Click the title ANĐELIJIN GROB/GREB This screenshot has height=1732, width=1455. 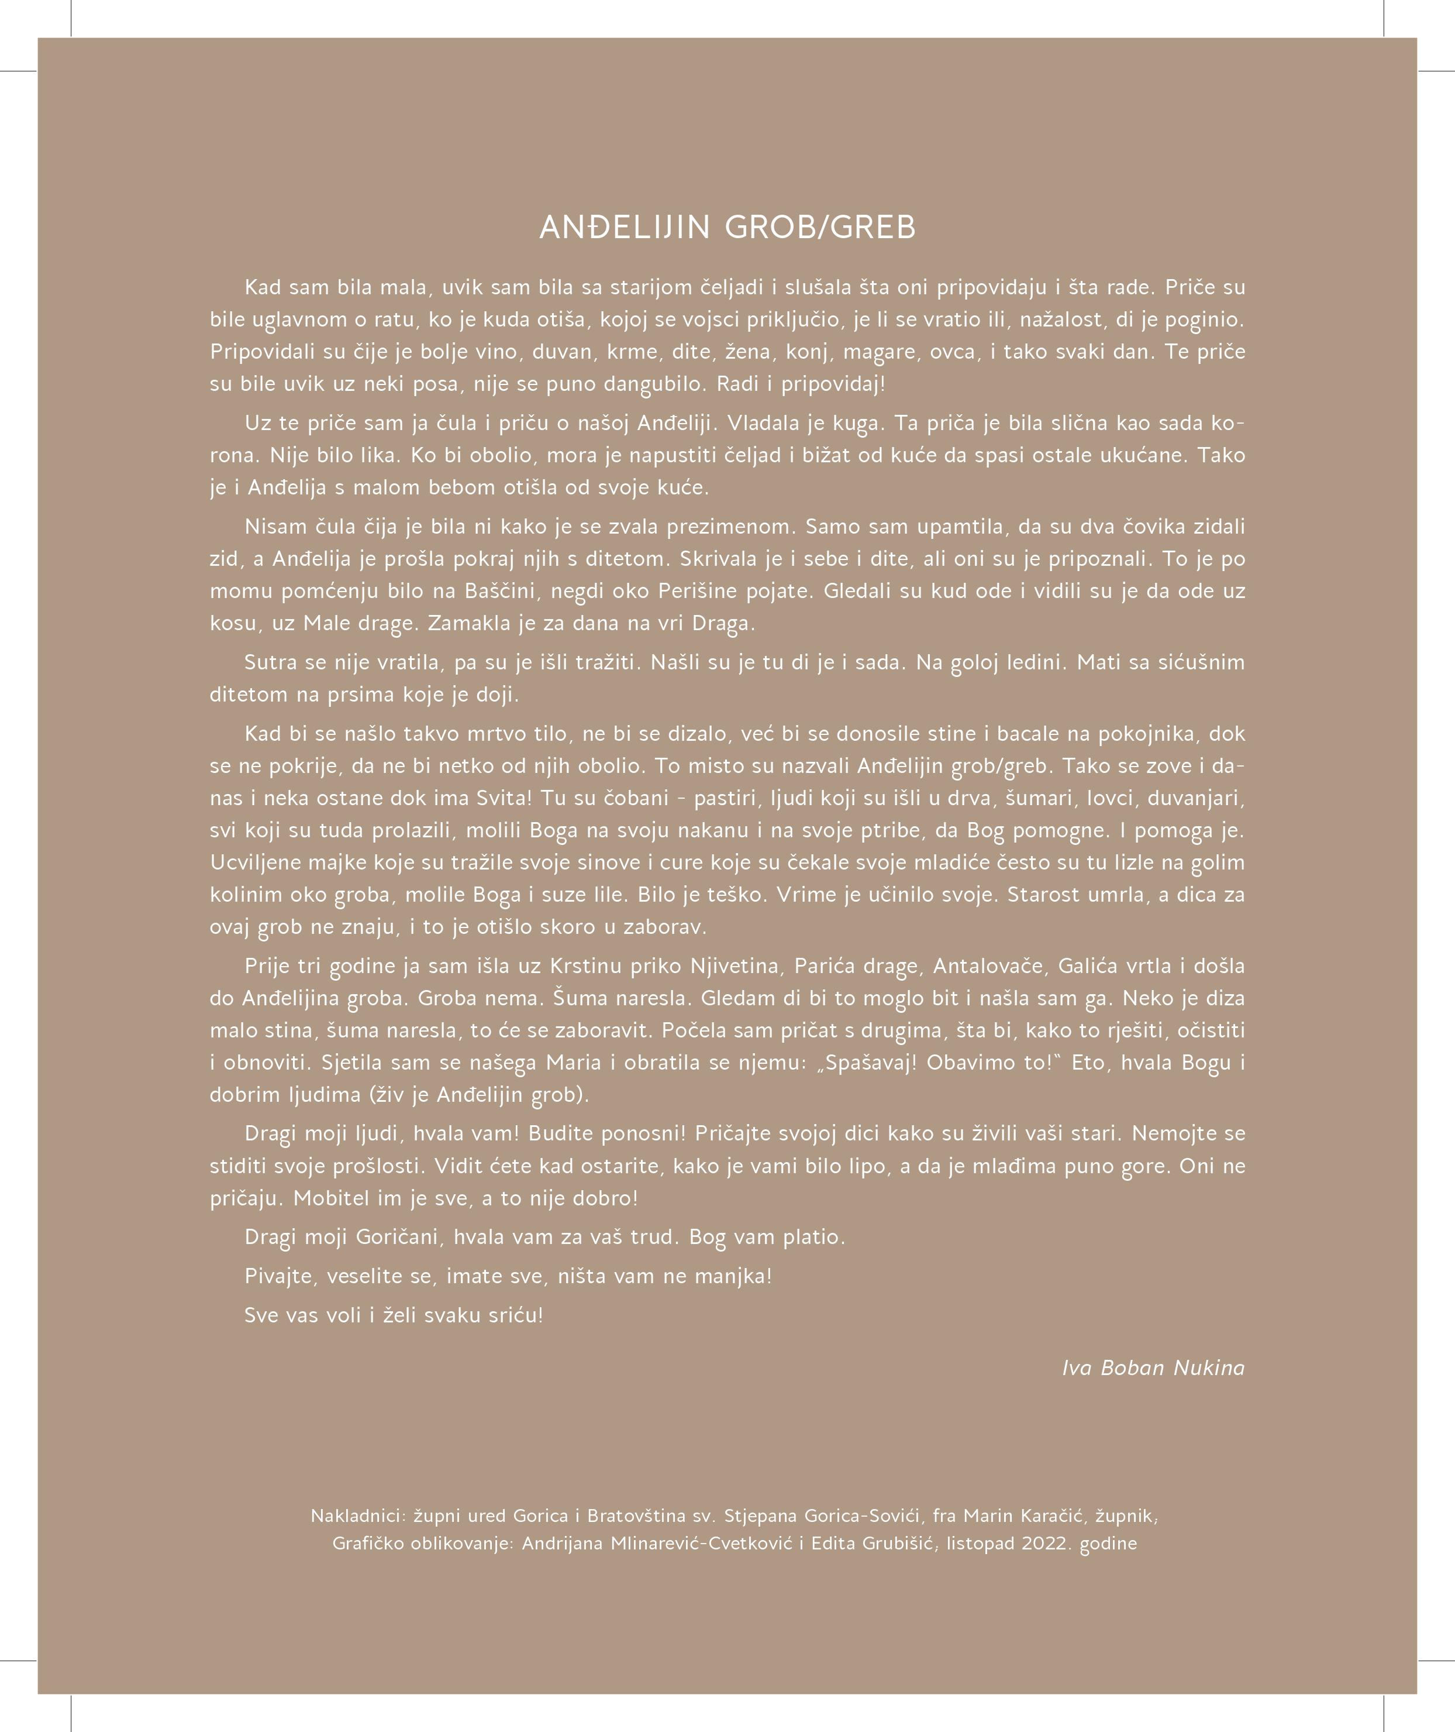727,228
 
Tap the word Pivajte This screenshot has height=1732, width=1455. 281,1277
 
